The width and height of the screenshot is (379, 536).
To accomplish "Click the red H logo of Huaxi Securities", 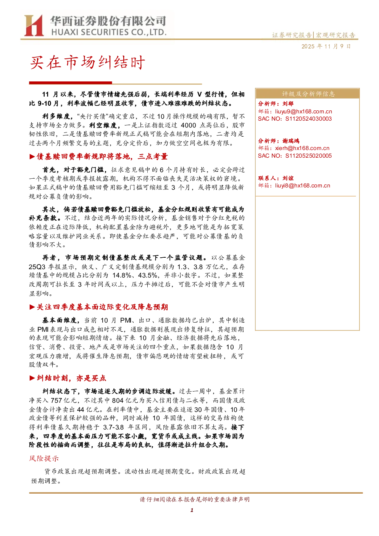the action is (34, 25).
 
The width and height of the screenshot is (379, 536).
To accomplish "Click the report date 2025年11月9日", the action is (326, 46).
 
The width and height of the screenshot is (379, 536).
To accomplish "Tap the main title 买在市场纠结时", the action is (87, 63).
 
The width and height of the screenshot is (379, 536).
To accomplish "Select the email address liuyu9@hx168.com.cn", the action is (303, 111).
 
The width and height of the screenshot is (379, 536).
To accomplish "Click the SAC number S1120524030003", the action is (308, 119).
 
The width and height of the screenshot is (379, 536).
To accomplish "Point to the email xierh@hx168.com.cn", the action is (302, 148).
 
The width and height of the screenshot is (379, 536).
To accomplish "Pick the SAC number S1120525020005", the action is (308, 155).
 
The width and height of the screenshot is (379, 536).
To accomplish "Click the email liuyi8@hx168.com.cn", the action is (302, 186).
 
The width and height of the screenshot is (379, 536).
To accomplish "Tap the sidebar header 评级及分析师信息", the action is (308, 94).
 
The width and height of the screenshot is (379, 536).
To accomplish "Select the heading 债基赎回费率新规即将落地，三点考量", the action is (102, 157).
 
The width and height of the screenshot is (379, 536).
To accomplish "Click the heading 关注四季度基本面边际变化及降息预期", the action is (102, 307).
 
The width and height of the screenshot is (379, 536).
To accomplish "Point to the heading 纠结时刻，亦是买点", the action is (71, 378).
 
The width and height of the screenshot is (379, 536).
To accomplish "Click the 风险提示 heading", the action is (44, 459).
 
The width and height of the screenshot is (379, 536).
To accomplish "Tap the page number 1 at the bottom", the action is (192, 510).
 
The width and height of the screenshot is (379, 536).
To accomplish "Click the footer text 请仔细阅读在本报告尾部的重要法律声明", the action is (195, 499).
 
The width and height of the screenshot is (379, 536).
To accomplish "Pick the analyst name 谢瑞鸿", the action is (291, 141).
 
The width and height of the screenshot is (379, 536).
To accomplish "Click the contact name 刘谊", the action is (288, 178).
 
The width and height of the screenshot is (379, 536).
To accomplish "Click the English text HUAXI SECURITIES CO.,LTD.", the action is (109, 32).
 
